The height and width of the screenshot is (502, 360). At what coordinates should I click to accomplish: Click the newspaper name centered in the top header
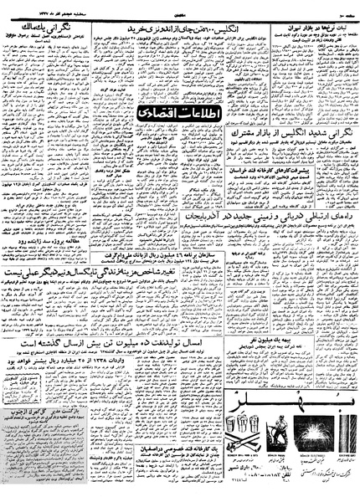180,8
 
